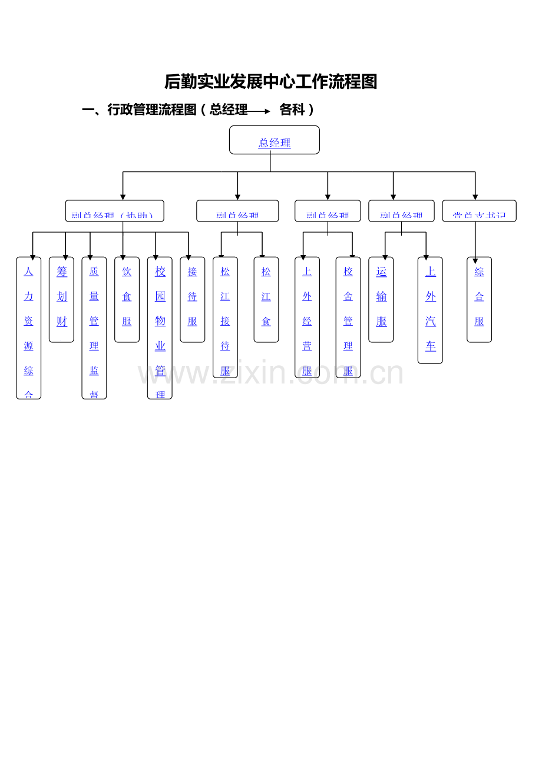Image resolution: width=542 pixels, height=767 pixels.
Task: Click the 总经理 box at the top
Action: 274,140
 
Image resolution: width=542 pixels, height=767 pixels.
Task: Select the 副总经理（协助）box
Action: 114,211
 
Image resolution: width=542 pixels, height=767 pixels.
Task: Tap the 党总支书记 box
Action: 479,211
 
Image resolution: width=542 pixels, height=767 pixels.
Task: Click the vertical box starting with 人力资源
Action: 28,328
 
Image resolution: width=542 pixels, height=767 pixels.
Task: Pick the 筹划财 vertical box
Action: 61,299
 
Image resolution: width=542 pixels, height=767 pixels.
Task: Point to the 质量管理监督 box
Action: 94,328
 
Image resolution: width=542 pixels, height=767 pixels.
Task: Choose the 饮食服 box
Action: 127,299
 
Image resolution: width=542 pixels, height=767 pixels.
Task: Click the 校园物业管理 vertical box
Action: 160,328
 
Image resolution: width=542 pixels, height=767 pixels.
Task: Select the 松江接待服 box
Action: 225,317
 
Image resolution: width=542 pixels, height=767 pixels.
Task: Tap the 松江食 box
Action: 266,299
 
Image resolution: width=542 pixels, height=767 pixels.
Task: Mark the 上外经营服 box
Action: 307,317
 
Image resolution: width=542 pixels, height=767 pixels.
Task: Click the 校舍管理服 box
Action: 348,317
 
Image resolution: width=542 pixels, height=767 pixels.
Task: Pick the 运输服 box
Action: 381,299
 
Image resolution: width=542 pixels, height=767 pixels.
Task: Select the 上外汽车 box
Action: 430,310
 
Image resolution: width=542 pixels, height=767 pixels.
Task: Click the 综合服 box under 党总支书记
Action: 479,299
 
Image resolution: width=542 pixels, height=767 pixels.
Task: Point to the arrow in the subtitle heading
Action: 259,111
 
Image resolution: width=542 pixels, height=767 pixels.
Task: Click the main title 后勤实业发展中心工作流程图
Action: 270,82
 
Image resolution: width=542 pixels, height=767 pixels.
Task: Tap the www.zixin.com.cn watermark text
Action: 270,373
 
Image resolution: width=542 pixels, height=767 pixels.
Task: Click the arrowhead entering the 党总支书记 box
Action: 475,197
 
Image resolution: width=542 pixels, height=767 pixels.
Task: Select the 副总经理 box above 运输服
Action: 401,211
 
